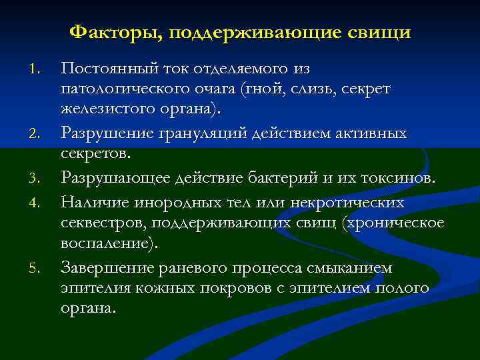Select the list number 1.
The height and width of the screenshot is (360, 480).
[x=39, y=69]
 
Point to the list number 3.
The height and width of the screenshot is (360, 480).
[x=39, y=178]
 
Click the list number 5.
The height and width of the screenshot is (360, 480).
[x=39, y=269]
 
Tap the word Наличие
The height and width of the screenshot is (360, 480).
[x=94, y=200]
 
